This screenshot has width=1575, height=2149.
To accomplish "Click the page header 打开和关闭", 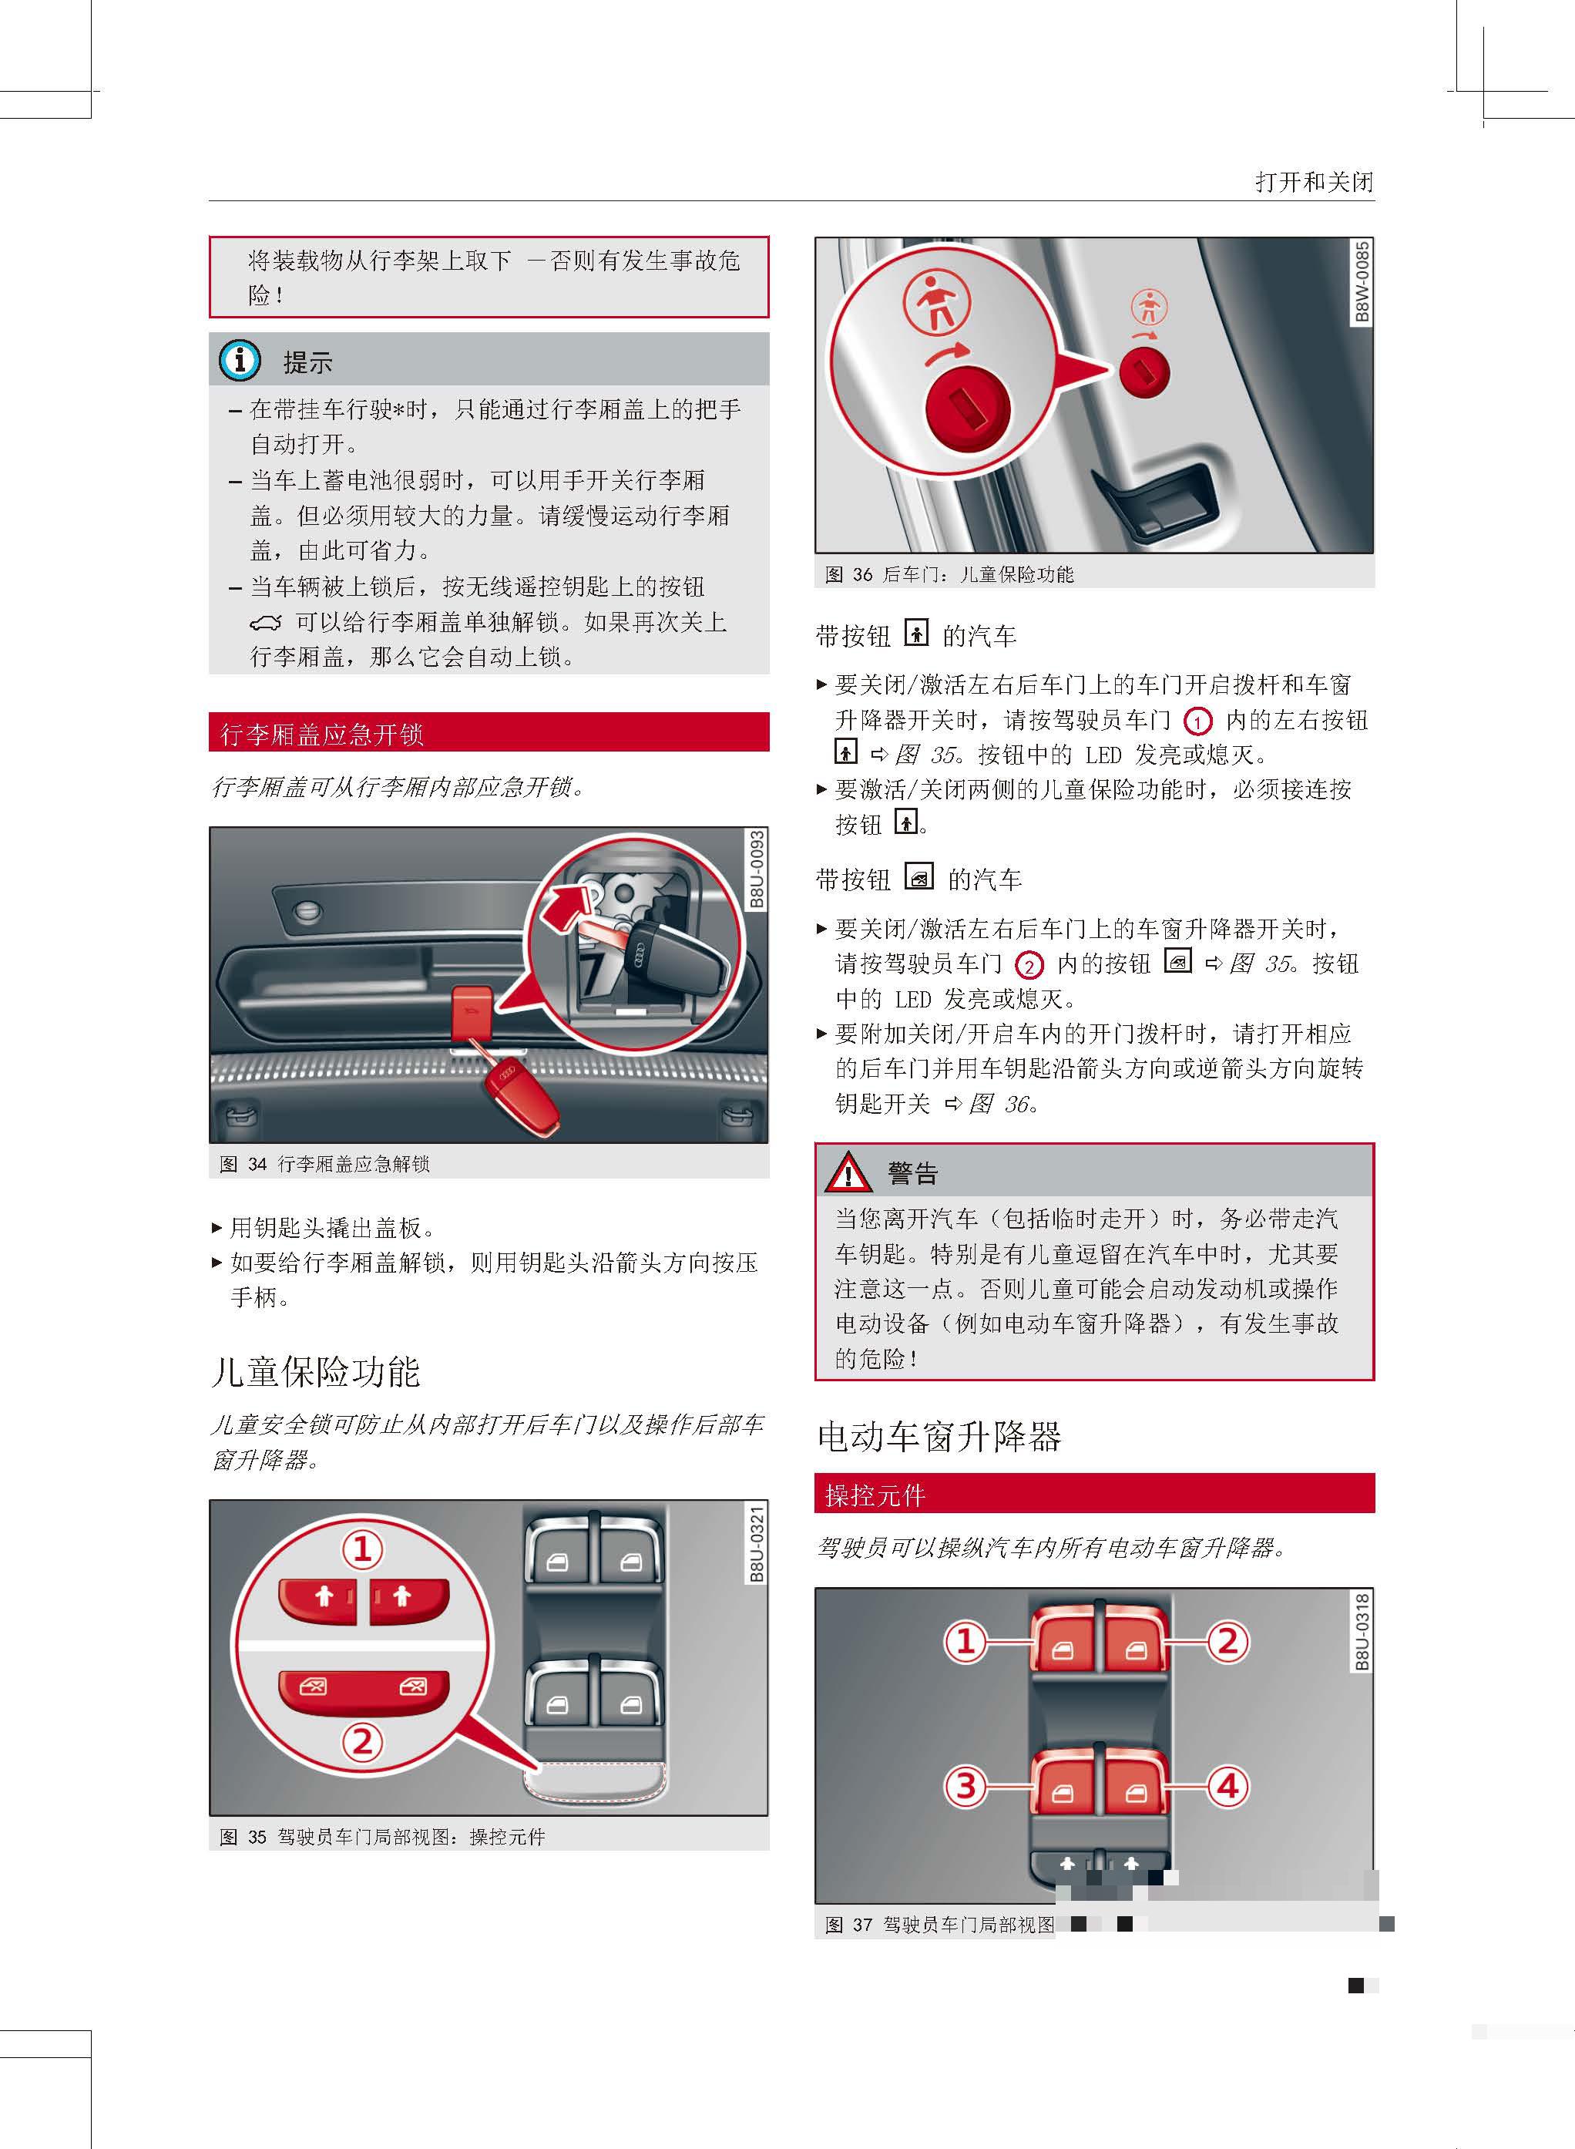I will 1314,181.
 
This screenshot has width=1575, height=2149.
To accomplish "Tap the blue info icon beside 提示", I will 240,360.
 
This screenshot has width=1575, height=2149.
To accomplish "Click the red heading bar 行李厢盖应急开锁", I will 488,732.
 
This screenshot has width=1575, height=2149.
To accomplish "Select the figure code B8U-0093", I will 756,870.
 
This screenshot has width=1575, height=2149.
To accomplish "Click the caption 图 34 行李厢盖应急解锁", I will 324,1164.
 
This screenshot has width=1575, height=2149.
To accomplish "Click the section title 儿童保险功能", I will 316,1371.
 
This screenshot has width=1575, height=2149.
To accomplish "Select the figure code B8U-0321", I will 756,1544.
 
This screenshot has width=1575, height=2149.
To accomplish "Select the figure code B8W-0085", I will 1362,282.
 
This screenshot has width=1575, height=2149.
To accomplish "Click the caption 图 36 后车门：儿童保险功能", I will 949,574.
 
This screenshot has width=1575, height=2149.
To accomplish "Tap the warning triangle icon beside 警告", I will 848,1172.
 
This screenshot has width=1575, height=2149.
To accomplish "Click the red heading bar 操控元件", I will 1093,1494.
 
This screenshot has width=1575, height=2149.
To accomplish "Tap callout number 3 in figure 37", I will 965,1786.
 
